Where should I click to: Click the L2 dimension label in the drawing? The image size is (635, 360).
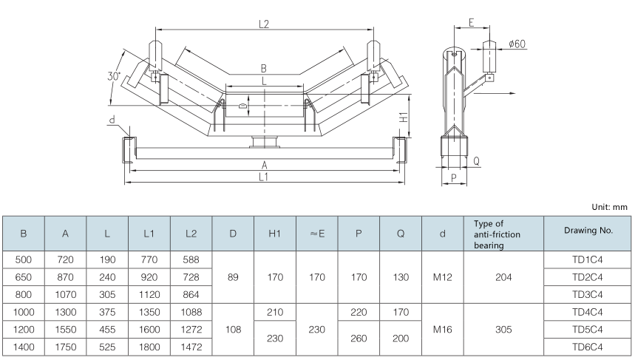[264, 24]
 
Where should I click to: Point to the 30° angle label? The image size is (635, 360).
[112, 76]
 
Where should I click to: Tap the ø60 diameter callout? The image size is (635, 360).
[517, 44]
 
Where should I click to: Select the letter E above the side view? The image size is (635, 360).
[472, 23]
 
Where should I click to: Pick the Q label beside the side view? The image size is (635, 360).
[476, 160]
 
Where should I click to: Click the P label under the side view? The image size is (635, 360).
[452, 178]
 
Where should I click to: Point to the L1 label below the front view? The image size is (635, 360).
[264, 178]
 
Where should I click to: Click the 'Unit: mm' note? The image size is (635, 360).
[610, 208]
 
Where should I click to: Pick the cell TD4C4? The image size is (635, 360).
[588, 312]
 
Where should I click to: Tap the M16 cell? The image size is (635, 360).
[443, 329]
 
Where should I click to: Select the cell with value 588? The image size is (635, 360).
[191, 260]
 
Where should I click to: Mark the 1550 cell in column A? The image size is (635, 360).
[66, 329]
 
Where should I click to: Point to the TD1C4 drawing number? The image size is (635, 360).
[588, 260]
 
